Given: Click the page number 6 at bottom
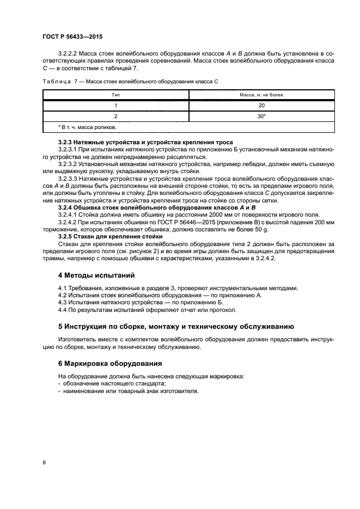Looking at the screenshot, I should (44, 462).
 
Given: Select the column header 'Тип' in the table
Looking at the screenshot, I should (115, 95).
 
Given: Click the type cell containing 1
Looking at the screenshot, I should (115, 106).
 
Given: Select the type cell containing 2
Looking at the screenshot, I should (115, 116).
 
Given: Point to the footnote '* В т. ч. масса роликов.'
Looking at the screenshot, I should (87, 127).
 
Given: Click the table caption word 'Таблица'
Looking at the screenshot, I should (57, 81).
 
